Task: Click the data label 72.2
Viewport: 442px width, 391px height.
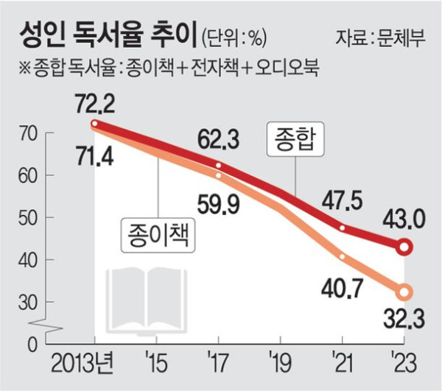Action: pyautogui.click(x=94, y=102)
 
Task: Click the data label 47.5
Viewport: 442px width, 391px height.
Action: pyautogui.click(x=342, y=200)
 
